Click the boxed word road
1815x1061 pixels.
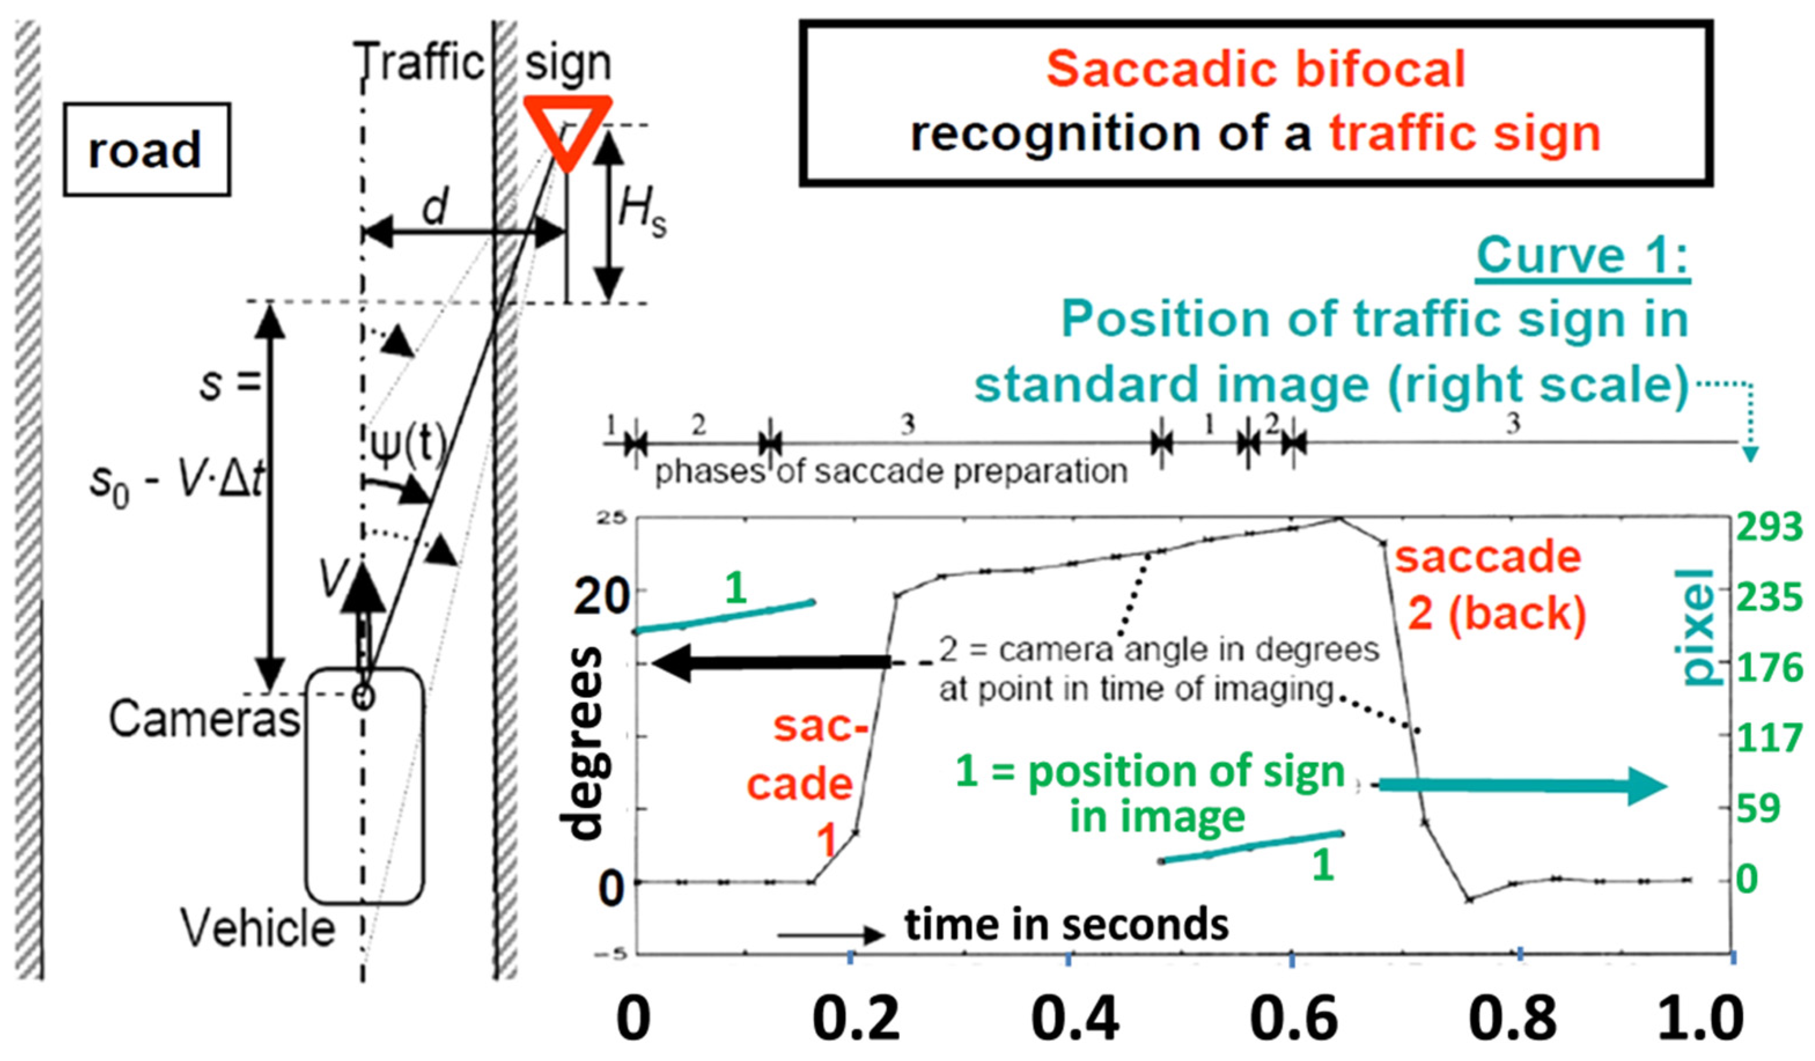[146, 150]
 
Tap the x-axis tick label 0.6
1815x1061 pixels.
[1293, 1019]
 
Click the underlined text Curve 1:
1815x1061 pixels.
[1582, 255]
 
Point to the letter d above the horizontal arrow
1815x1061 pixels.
[435, 206]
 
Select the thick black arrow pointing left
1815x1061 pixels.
[770, 663]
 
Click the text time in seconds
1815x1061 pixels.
[1067, 925]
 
